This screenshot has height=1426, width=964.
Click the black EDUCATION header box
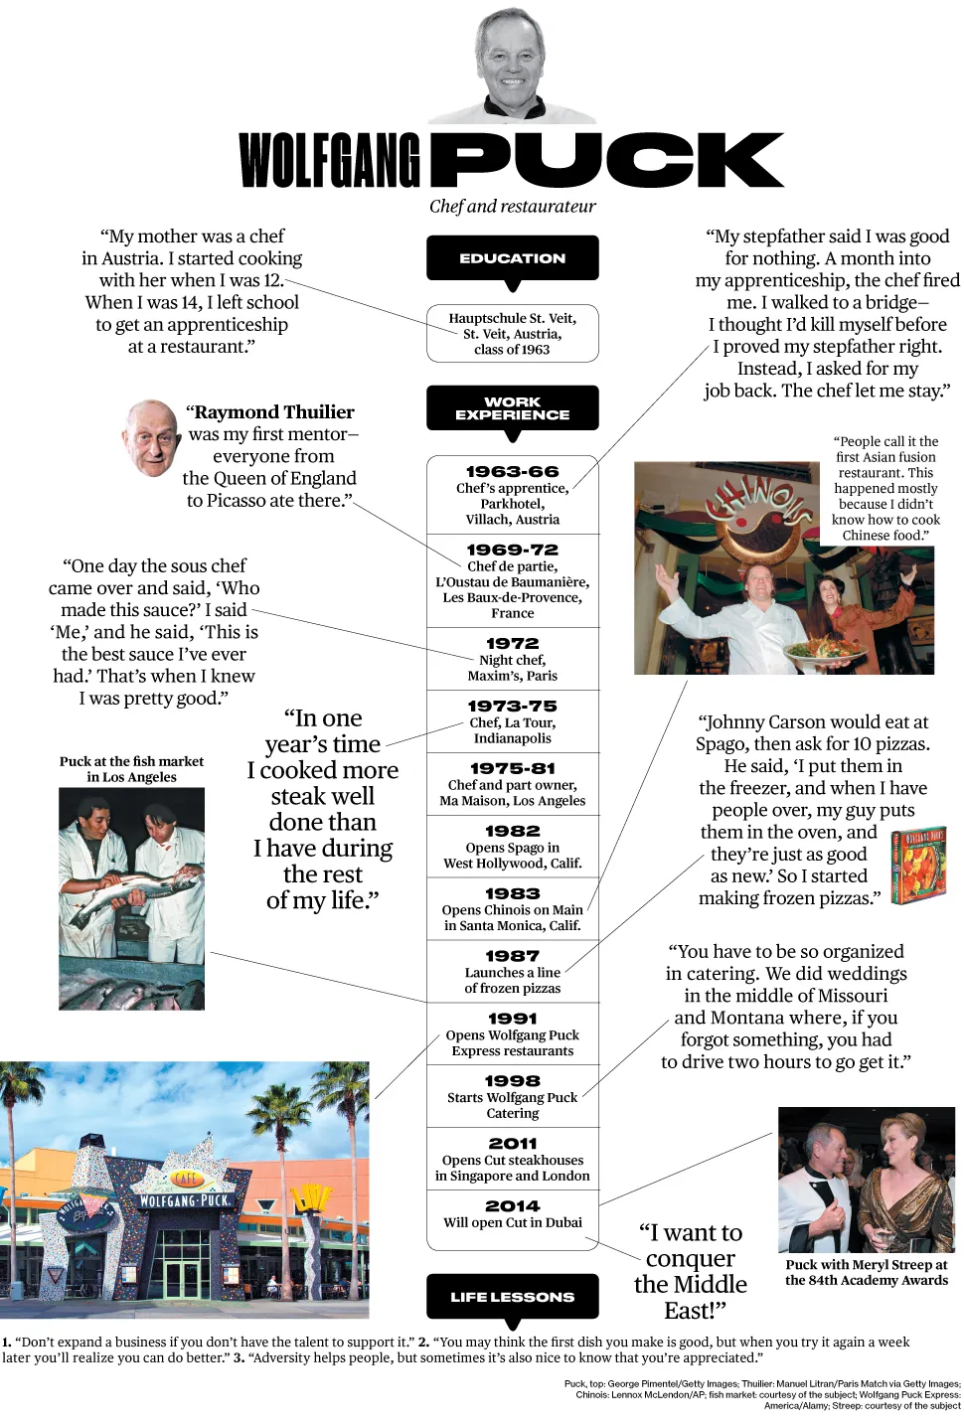[x=512, y=258]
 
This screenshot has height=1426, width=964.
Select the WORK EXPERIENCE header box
[x=512, y=408]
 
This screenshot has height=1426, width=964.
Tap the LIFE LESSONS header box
[x=512, y=1297]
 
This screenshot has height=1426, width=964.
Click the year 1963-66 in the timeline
[x=512, y=472]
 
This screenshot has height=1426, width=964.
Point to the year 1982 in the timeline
[x=512, y=831]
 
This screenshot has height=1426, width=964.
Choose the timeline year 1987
[x=512, y=956]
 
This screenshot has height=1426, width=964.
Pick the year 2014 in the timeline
[x=512, y=1205]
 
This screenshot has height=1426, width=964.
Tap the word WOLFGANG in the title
[x=329, y=161]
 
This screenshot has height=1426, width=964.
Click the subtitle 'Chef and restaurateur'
[x=512, y=207]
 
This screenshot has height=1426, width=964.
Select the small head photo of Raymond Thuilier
[x=151, y=438]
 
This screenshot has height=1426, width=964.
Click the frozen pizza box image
[x=917, y=865]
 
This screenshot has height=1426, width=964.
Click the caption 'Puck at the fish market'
[x=131, y=762]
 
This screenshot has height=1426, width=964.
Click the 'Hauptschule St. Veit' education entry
[x=512, y=334]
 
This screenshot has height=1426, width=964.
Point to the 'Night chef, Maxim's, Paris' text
[x=512, y=668]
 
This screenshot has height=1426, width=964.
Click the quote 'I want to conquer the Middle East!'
[x=690, y=1271]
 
